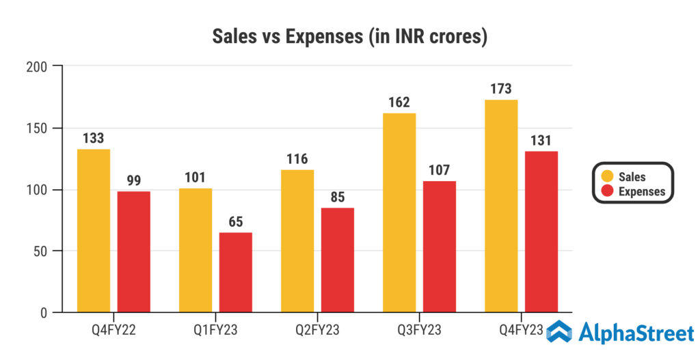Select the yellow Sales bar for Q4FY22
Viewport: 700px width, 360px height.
pos(94,230)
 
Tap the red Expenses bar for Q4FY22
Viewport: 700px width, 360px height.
pos(134,251)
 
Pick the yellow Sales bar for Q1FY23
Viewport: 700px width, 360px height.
pos(196,250)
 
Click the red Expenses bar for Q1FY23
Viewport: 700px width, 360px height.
pos(236,272)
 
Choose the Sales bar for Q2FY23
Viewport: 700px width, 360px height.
pos(297,240)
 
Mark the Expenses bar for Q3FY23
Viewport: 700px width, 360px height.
pos(440,247)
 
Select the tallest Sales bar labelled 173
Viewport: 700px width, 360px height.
pos(501,206)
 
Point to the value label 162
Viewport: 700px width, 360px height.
pos(399,102)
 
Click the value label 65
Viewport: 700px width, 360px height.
pos(236,222)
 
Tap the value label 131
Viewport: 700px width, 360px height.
pos(541,141)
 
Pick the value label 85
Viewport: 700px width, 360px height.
pos(338,197)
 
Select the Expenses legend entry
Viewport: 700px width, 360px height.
pos(633,191)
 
